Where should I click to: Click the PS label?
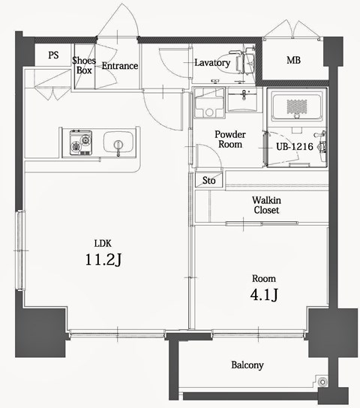[x=54, y=55]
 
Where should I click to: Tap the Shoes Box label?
[x=83, y=65]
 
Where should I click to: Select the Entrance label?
[x=120, y=66]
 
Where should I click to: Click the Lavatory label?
[x=211, y=63]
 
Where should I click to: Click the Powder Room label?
[x=229, y=139]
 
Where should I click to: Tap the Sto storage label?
[x=208, y=181]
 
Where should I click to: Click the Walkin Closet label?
[x=265, y=205]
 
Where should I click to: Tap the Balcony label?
[x=247, y=365]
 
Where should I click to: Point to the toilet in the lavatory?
[x=244, y=64]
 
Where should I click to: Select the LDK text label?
[x=103, y=243]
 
